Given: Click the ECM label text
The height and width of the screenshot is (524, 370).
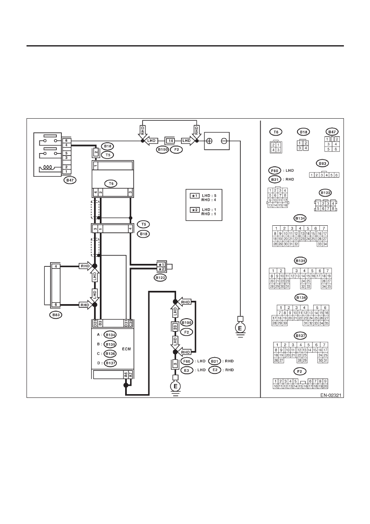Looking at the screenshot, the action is tap(126, 349).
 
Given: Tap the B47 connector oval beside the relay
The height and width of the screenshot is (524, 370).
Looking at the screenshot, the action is tap(70, 180).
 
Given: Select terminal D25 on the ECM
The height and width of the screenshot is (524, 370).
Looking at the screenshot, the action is tap(95, 323).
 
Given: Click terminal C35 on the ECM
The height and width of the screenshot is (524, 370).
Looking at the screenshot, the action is tap(131, 323).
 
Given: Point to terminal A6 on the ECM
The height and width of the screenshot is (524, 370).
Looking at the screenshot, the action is tap(126, 375).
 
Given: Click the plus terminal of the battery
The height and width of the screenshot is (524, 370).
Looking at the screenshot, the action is tap(210, 141).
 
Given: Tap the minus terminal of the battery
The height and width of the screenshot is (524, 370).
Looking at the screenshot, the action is tap(224, 141).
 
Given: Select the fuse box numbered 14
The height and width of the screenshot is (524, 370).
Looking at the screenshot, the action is tap(171, 141).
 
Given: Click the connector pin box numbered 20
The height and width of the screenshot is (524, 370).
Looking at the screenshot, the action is tap(175, 327).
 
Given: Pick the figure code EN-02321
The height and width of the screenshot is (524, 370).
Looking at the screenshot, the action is tap(331, 395).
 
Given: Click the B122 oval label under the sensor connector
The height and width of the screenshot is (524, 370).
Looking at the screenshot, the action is tap(160, 278).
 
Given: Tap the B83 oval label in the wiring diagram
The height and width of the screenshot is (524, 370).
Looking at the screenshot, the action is tap(56, 314).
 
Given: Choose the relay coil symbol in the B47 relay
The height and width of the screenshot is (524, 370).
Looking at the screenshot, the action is tap(47, 168).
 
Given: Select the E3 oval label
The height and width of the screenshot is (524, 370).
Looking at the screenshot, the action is tap(186, 370).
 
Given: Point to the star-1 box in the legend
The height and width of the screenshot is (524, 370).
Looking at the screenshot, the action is tap(195, 196).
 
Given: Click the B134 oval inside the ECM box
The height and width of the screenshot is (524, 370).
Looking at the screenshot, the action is tap(110, 335).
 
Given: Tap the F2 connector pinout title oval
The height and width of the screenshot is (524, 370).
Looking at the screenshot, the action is tap(300, 371).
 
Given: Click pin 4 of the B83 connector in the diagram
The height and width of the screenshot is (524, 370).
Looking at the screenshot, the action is tap(56, 266).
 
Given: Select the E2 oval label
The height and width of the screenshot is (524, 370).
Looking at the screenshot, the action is tap(215, 370).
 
